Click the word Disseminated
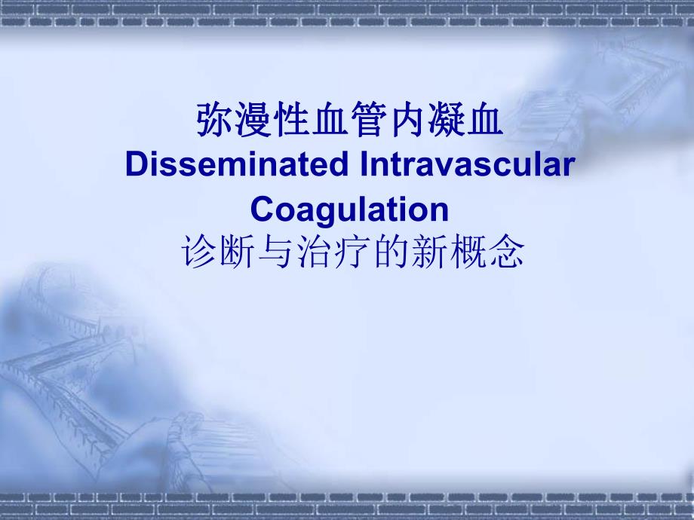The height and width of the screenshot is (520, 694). click(230, 165)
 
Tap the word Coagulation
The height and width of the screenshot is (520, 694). click(349, 209)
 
